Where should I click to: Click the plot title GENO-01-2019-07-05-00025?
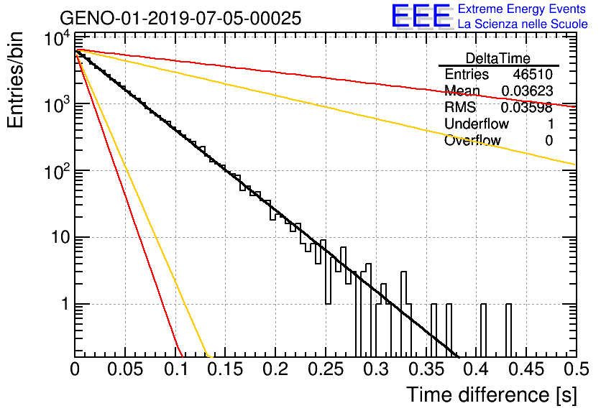180,18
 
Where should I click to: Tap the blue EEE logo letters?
421,16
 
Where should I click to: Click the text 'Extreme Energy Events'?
522,9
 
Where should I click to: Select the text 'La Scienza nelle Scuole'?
523,24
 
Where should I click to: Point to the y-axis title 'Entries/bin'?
15,80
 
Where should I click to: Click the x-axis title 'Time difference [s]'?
492,394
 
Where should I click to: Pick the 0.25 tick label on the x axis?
326,369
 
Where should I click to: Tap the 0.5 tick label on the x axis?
577,369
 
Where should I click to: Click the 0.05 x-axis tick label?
125,369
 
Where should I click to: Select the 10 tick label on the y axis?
60,238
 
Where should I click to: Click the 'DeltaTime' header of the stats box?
498,58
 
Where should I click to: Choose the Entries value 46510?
533,74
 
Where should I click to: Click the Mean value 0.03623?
527,91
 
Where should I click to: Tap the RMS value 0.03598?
527,107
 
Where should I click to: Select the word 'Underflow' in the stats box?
477,124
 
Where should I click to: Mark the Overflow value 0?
549,141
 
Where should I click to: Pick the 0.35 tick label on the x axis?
426,369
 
